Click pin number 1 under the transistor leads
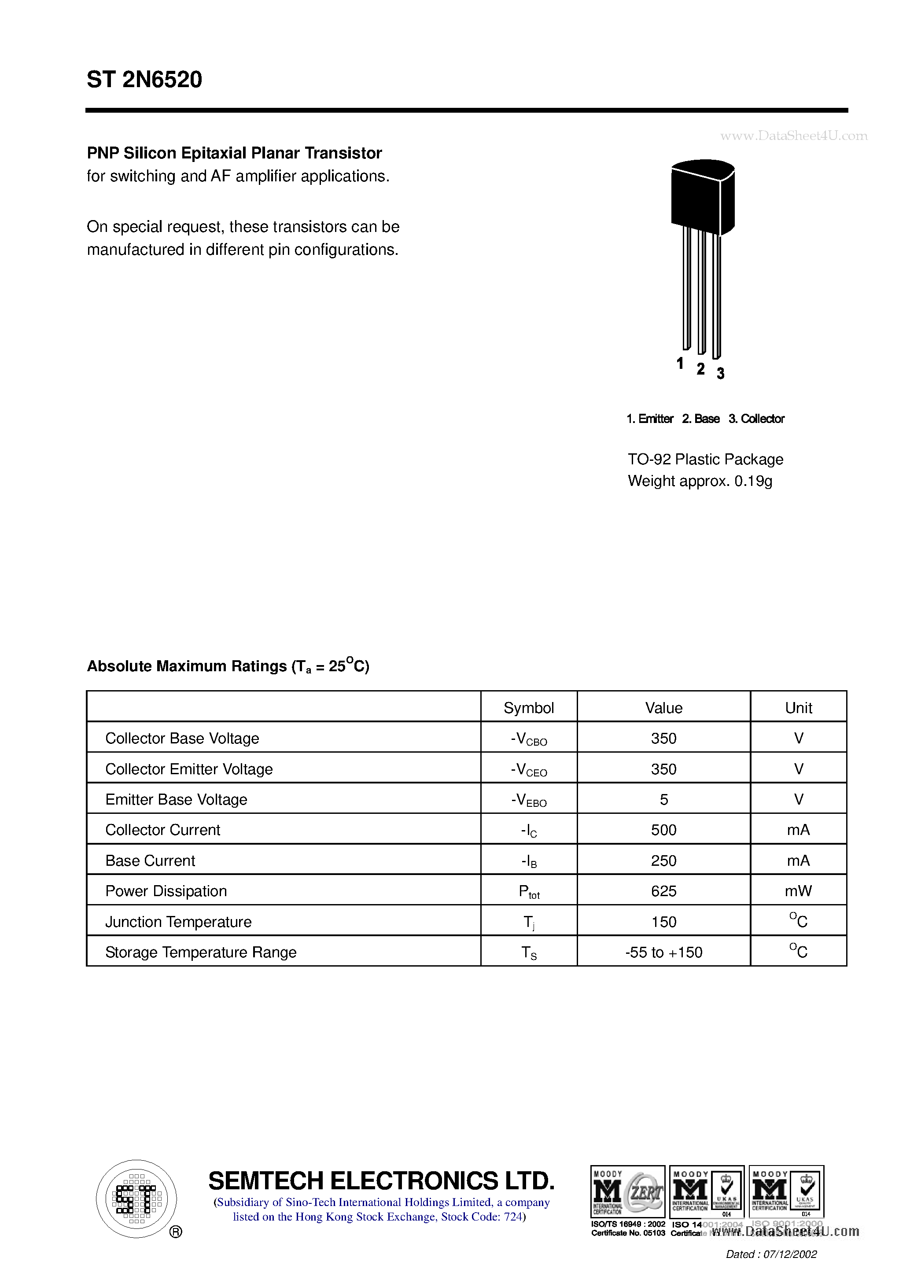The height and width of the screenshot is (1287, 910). point(680,364)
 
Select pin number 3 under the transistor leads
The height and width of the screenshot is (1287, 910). point(721,373)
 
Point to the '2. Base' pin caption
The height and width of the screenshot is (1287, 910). point(700,419)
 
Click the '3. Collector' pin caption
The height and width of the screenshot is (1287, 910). point(756,419)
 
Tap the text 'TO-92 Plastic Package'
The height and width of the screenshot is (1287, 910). point(705,459)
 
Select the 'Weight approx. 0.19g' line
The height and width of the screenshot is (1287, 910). point(700,481)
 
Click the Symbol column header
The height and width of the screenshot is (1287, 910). point(528,707)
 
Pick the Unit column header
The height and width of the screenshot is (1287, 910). point(799,707)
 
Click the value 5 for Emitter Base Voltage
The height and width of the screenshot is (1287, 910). point(664,799)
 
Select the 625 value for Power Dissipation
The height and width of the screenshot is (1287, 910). point(664,891)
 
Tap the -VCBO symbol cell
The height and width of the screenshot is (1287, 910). point(528,739)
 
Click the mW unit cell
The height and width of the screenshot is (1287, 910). point(799,891)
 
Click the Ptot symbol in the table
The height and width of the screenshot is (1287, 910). point(528,891)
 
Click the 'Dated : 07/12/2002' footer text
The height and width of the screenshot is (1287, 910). point(771,1254)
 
